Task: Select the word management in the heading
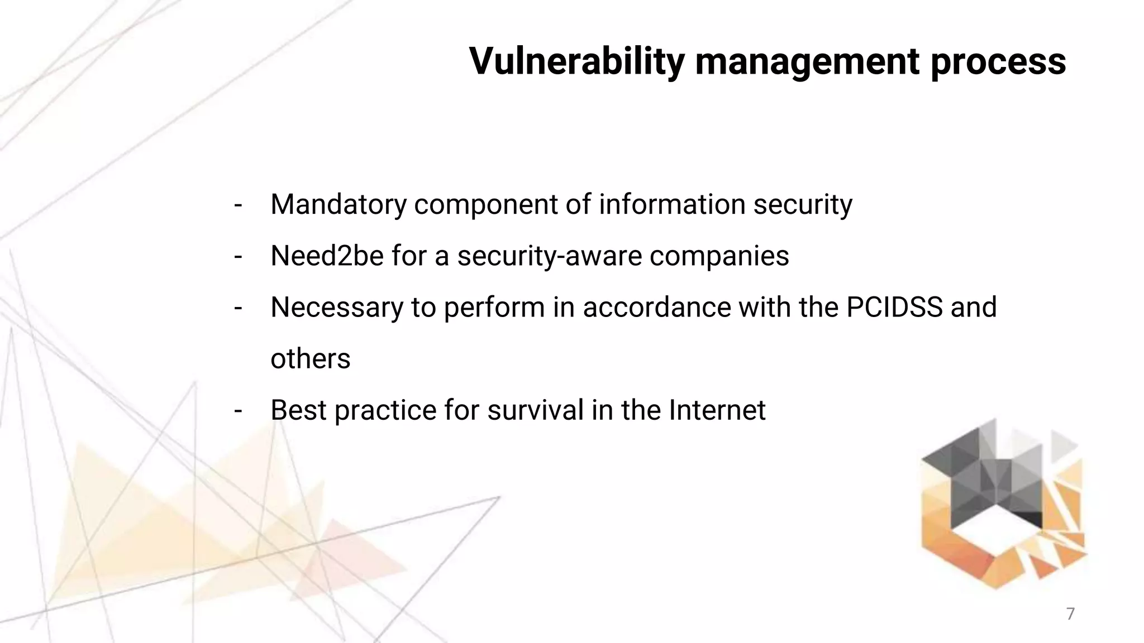807,61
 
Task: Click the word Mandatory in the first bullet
339,204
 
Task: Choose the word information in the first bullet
672,204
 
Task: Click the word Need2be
327,256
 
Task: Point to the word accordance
656,308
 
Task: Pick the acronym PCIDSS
894,307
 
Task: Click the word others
311,359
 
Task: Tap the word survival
535,410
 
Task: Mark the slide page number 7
1070,614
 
